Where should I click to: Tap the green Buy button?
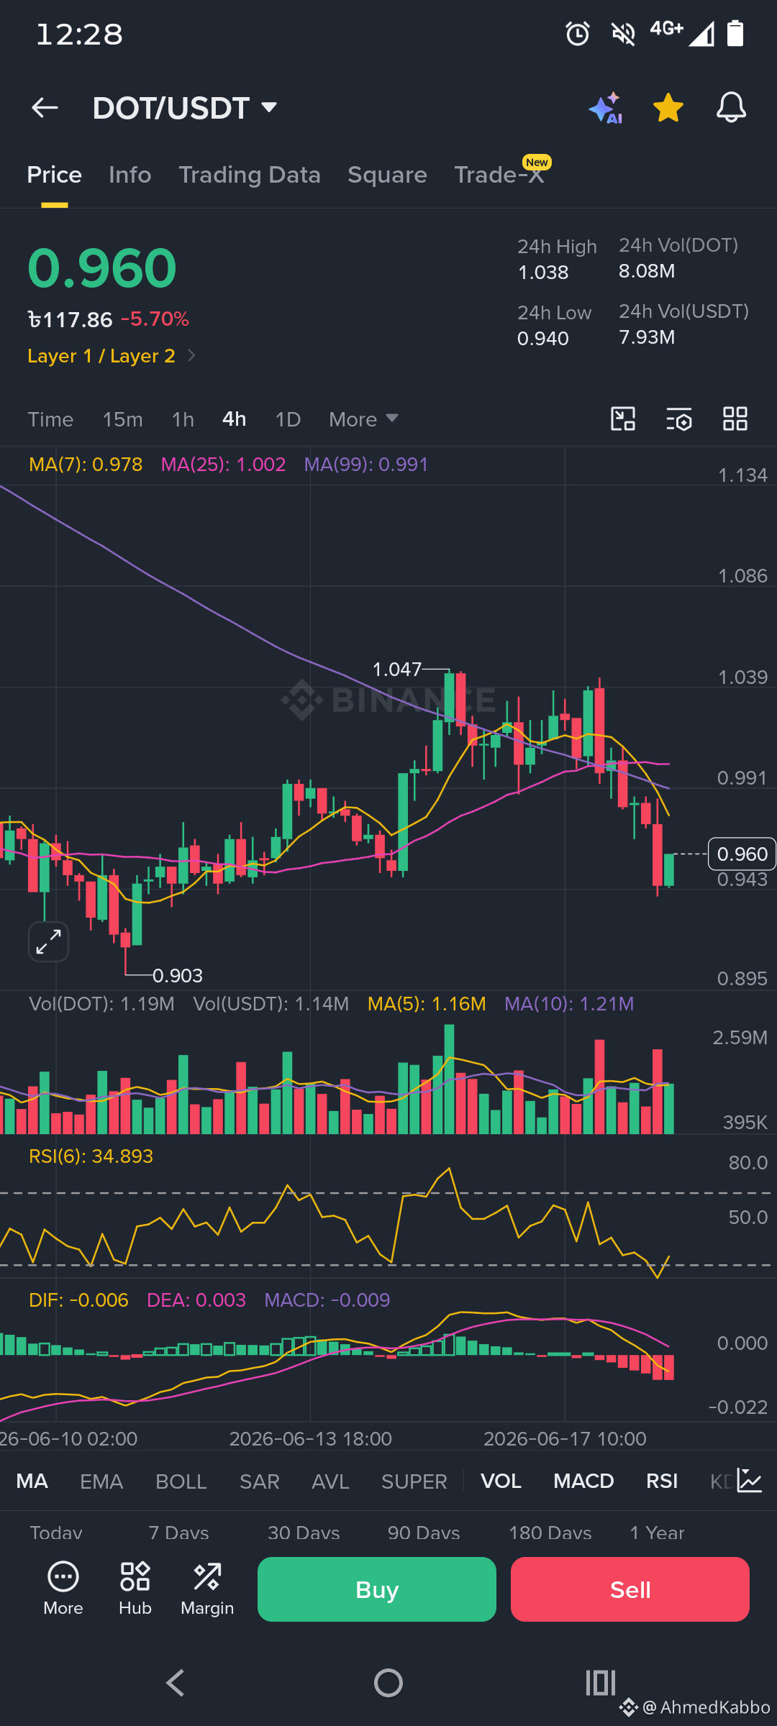(377, 1589)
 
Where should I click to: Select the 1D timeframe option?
(288, 419)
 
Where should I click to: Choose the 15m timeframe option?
(122, 419)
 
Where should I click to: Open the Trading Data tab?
(250, 175)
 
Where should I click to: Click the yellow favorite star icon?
(668, 108)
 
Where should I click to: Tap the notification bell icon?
(731, 108)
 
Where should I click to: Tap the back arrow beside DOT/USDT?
(45, 108)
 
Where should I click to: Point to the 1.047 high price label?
(396, 670)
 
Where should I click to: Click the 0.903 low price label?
(178, 976)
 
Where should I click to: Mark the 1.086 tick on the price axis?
(742, 576)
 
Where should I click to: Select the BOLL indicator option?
(181, 1481)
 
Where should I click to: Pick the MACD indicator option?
(583, 1481)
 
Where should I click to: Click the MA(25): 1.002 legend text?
(223, 465)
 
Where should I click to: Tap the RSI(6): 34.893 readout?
(91, 1156)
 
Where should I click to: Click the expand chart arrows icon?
(48, 941)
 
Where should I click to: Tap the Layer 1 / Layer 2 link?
(101, 356)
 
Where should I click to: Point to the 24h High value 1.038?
(543, 273)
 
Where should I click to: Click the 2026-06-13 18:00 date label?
(311, 1438)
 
